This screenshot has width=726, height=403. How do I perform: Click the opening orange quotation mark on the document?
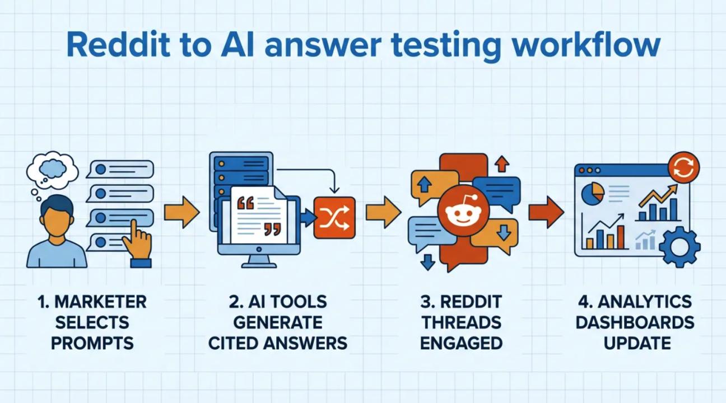point(245,203)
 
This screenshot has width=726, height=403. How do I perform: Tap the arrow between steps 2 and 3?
point(383,212)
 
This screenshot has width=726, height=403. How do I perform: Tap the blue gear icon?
point(680,246)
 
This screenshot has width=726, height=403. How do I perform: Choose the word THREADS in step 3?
point(461,322)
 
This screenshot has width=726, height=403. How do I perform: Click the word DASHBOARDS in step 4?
point(635,322)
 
